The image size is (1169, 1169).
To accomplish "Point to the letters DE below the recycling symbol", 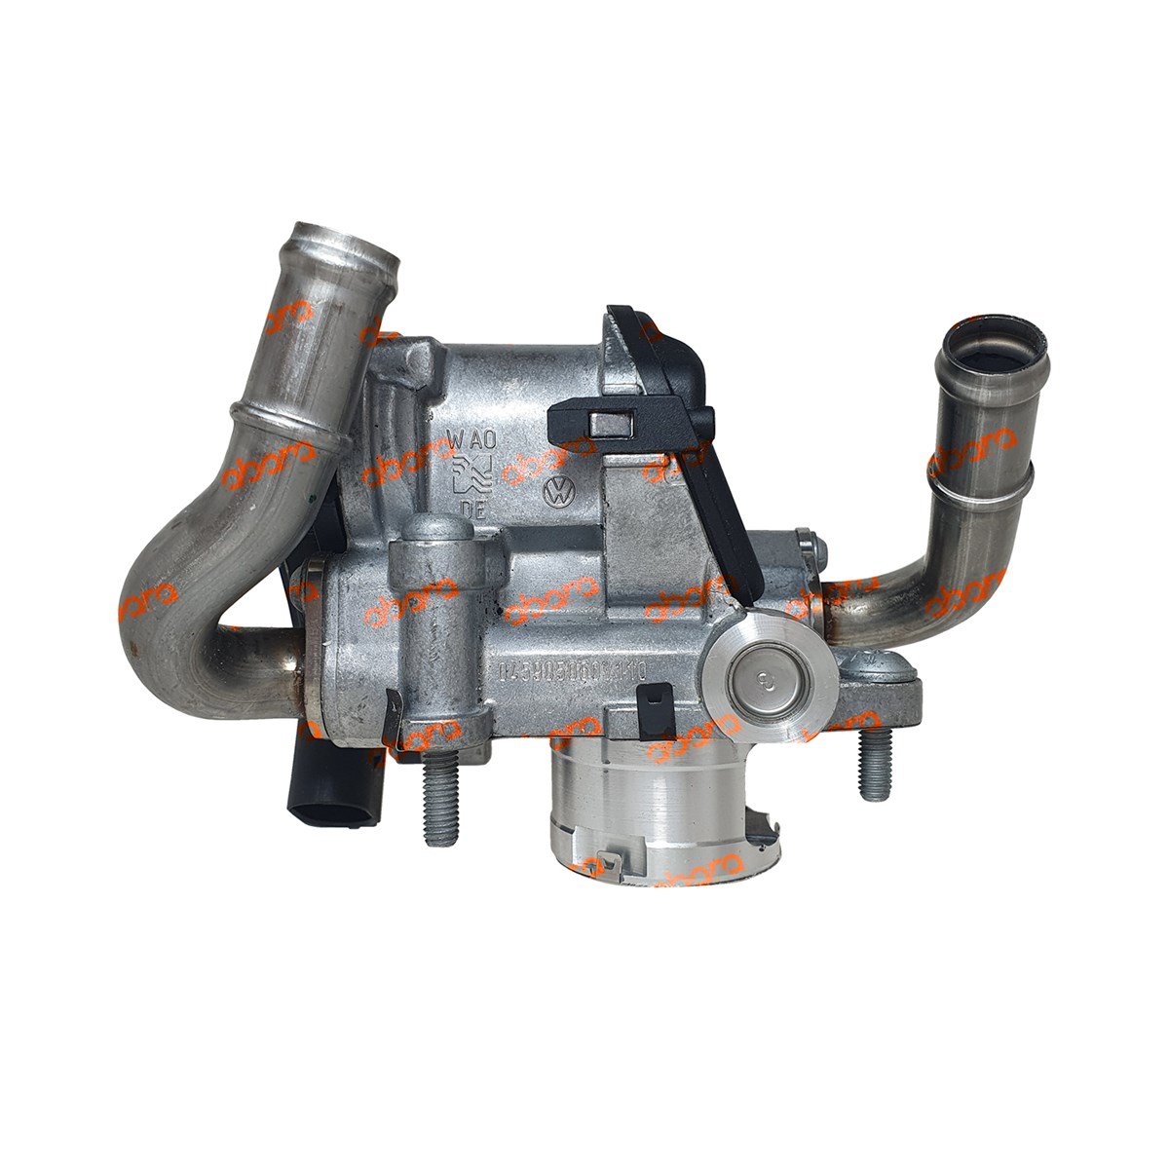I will pos(472,509).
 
